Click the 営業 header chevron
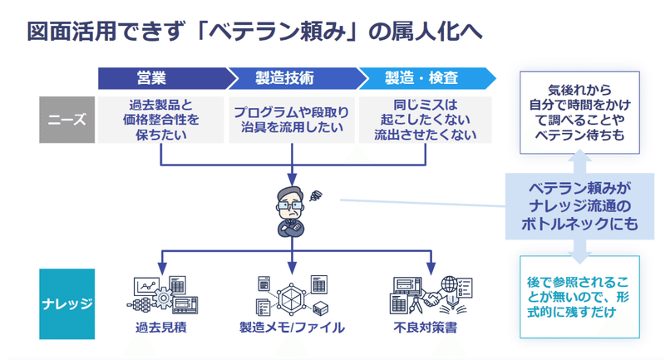tap(165, 78)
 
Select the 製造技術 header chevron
tap(296, 78)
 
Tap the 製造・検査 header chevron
tap(426, 78)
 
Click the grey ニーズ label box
tap(67, 120)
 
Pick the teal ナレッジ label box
tap(67, 303)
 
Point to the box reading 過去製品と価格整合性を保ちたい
tap(160, 120)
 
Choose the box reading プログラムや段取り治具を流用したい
tap(292, 120)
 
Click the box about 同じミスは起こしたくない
tap(426, 120)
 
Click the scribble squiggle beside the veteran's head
tap(316, 195)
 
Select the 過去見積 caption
tap(160, 328)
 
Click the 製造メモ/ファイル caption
tap(292, 328)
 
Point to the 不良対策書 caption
tap(426, 328)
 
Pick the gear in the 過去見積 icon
tap(163, 298)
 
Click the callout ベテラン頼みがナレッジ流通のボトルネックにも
tap(579, 206)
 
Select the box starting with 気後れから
tap(579, 112)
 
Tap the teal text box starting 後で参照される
tap(579, 297)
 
